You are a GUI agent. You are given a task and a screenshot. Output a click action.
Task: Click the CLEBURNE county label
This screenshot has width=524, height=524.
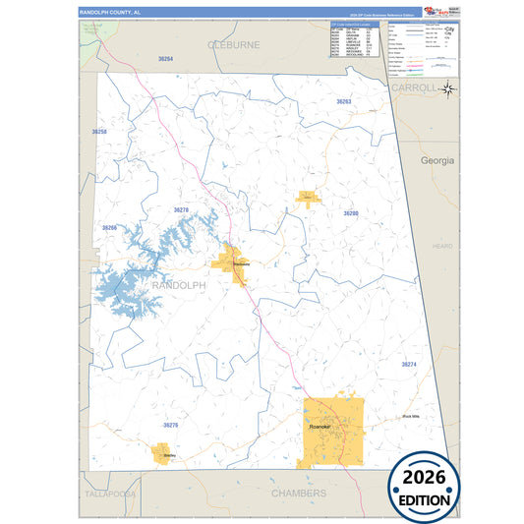click(x=233, y=44)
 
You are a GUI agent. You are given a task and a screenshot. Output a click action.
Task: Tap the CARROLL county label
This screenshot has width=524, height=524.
click(x=413, y=87)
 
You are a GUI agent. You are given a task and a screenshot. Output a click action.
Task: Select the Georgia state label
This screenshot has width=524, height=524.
click(x=437, y=159)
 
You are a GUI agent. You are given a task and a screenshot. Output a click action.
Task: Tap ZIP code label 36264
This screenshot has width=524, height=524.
click(x=165, y=60)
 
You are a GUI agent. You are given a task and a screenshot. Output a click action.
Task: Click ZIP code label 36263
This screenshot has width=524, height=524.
click(x=343, y=102)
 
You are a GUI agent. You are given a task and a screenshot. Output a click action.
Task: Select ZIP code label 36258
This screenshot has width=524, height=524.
click(x=98, y=131)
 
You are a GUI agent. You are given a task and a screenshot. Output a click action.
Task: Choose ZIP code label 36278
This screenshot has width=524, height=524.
click(x=181, y=210)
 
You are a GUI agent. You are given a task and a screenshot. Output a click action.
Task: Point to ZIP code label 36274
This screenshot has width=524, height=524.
click(x=409, y=365)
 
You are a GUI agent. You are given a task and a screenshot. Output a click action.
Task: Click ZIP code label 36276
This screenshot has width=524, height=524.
click(x=171, y=425)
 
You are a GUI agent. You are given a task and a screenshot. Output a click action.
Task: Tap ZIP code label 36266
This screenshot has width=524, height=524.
click(x=109, y=228)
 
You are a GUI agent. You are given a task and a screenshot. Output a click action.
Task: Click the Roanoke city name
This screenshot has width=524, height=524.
click(x=320, y=428)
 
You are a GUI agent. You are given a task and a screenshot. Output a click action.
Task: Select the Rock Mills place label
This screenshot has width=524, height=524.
click(x=411, y=417)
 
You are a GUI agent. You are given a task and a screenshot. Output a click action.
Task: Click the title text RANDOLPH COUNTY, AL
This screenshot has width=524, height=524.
click(x=110, y=11)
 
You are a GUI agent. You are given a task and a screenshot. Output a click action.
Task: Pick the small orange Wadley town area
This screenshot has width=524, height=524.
click(x=159, y=453)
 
